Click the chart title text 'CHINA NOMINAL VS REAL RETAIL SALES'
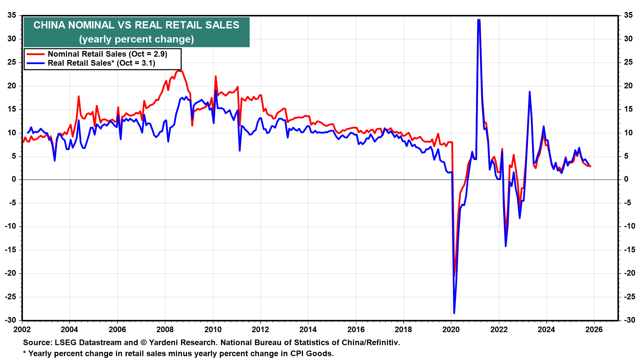click(136, 25)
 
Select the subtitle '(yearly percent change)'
click(136, 39)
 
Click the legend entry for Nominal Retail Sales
click(107, 54)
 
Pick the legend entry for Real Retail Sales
click(101, 63)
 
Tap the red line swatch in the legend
click(35, 54)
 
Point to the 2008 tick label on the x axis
click(165, 330)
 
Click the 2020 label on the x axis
click(451, 330)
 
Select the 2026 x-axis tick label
click(594, 330)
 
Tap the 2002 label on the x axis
click(22, 330)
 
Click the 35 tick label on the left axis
click(12, 15)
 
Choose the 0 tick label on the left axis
click(14, 179)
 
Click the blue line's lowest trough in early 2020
click(454, 313)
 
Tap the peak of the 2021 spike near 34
click(479, 20)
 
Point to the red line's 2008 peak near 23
click(179, 71)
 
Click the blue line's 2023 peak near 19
click(529, 92)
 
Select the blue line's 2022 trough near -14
click(506, 246)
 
